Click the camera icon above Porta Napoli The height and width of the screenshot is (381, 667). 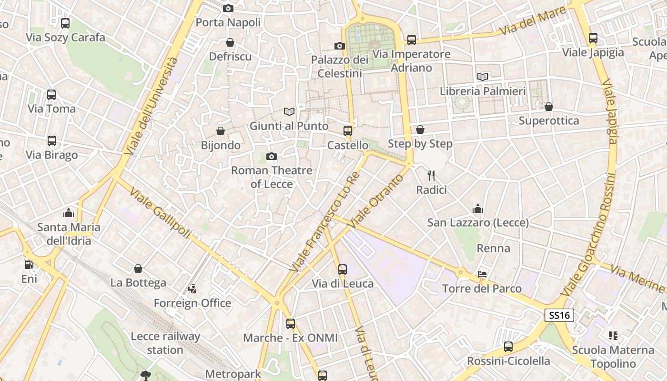click(x=228, y=8)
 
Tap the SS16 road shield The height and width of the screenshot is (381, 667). click(x=559, y=315)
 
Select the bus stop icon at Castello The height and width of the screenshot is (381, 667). click(x=348, y=130)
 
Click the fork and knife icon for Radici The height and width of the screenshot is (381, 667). click(x=431, y=175)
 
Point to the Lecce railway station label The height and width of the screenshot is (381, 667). click(x=165, y=343)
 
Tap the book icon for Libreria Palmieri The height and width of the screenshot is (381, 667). click(x=483, y=77)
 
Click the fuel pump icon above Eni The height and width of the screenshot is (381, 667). click(x=29, y=264)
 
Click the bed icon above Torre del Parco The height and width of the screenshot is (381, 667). click(x=482, y=274)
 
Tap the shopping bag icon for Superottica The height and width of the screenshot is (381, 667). click(x=549, y=107)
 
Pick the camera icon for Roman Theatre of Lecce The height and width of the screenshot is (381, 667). click(x=272, y=156)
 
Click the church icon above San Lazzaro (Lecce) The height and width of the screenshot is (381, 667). click(x=478, y=209)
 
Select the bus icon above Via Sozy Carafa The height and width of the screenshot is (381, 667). click(x=65, y=23)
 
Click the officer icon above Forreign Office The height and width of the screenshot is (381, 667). click(x=192, y=289)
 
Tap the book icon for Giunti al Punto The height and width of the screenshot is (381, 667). click(x=289, y=111)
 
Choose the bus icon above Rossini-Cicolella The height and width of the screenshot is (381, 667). click(x=508, y=347)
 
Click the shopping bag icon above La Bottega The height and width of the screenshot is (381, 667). click(x=138, y=269)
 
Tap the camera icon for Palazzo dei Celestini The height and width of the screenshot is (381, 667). click(x=340, y=46)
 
